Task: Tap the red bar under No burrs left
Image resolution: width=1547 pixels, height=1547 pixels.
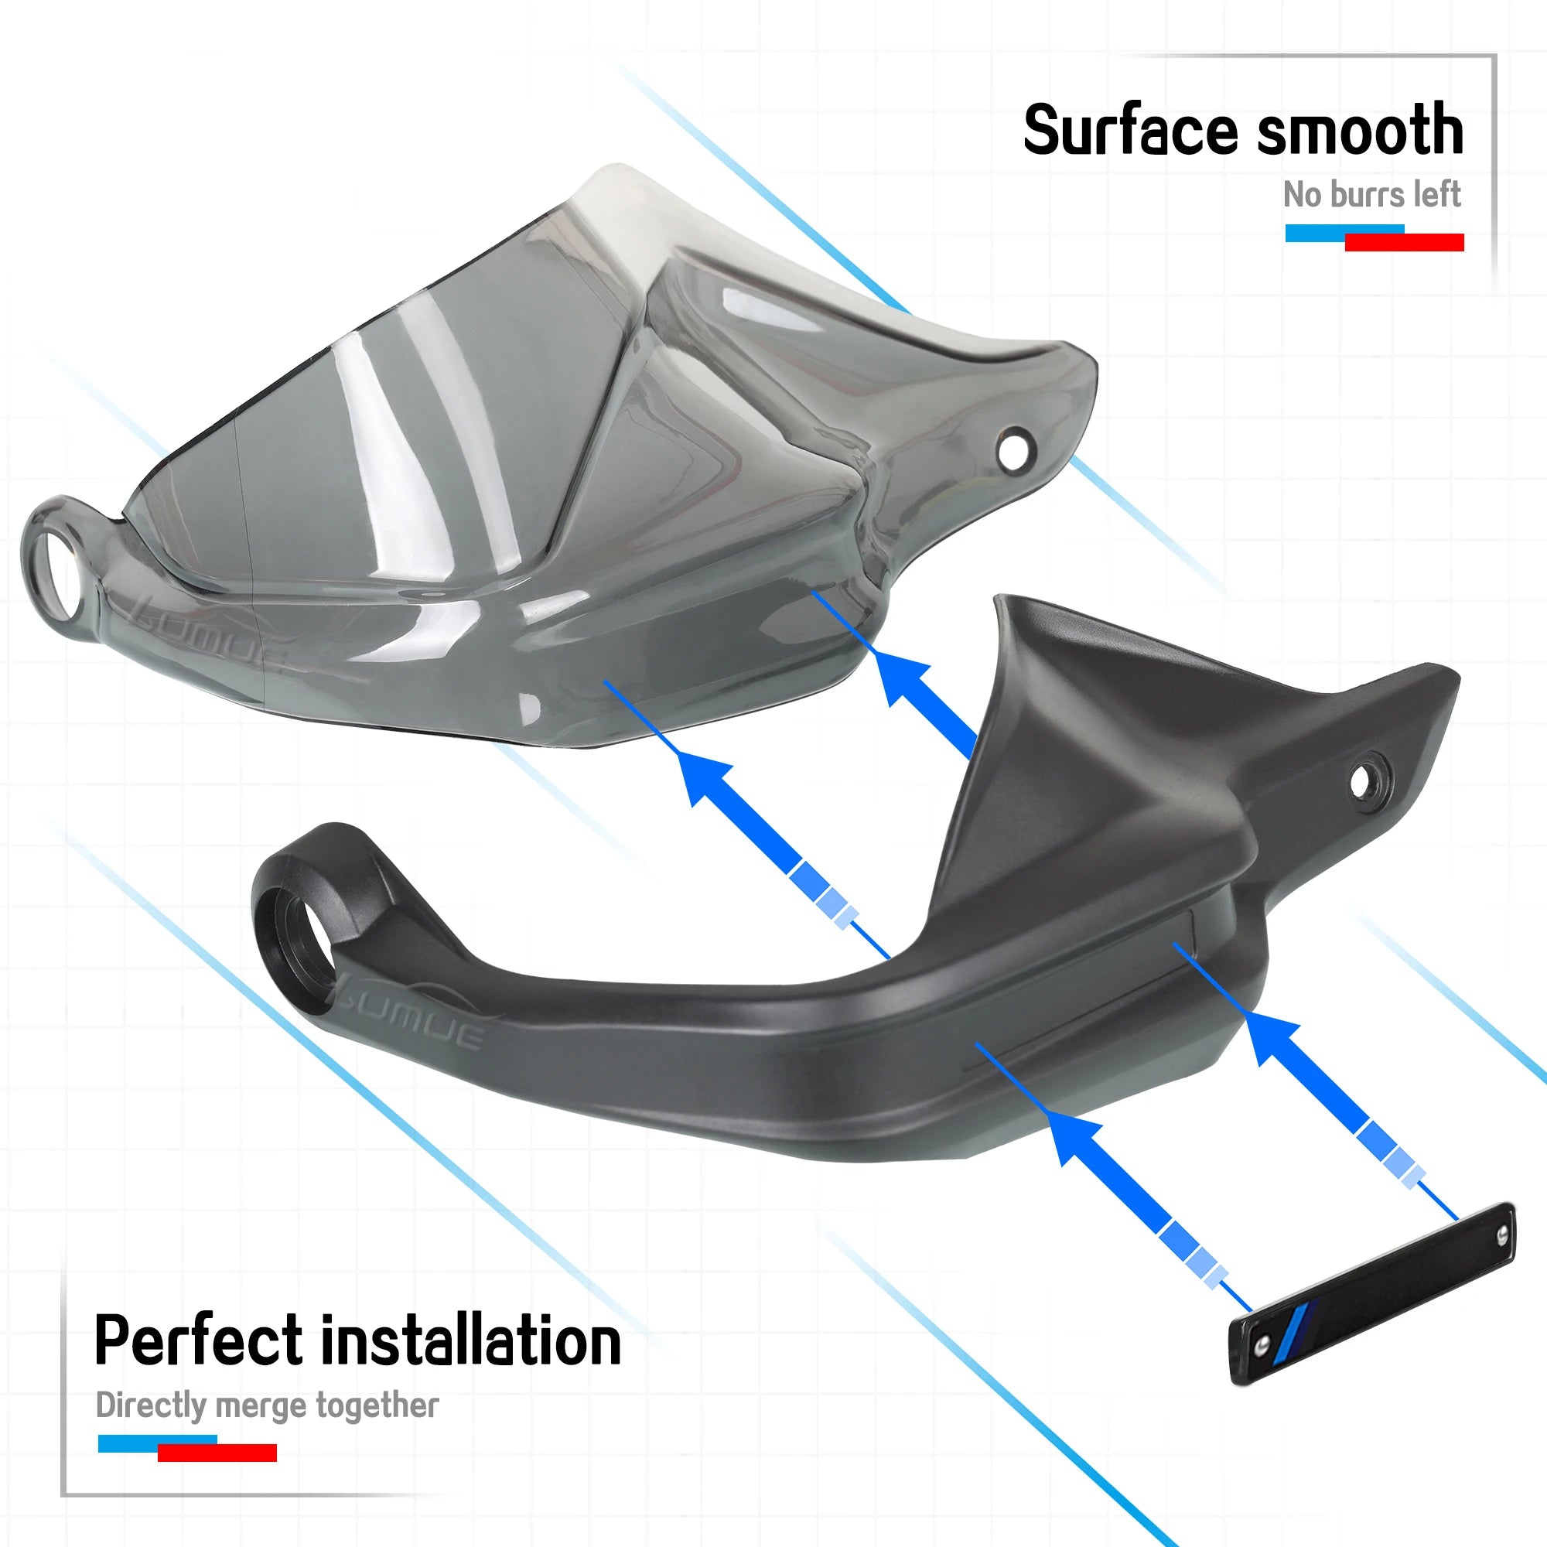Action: [1405, 242]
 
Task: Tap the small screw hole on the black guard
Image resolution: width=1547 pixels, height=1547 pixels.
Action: [1361, 779]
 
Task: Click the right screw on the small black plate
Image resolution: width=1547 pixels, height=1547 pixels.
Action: [1502, 1238]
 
